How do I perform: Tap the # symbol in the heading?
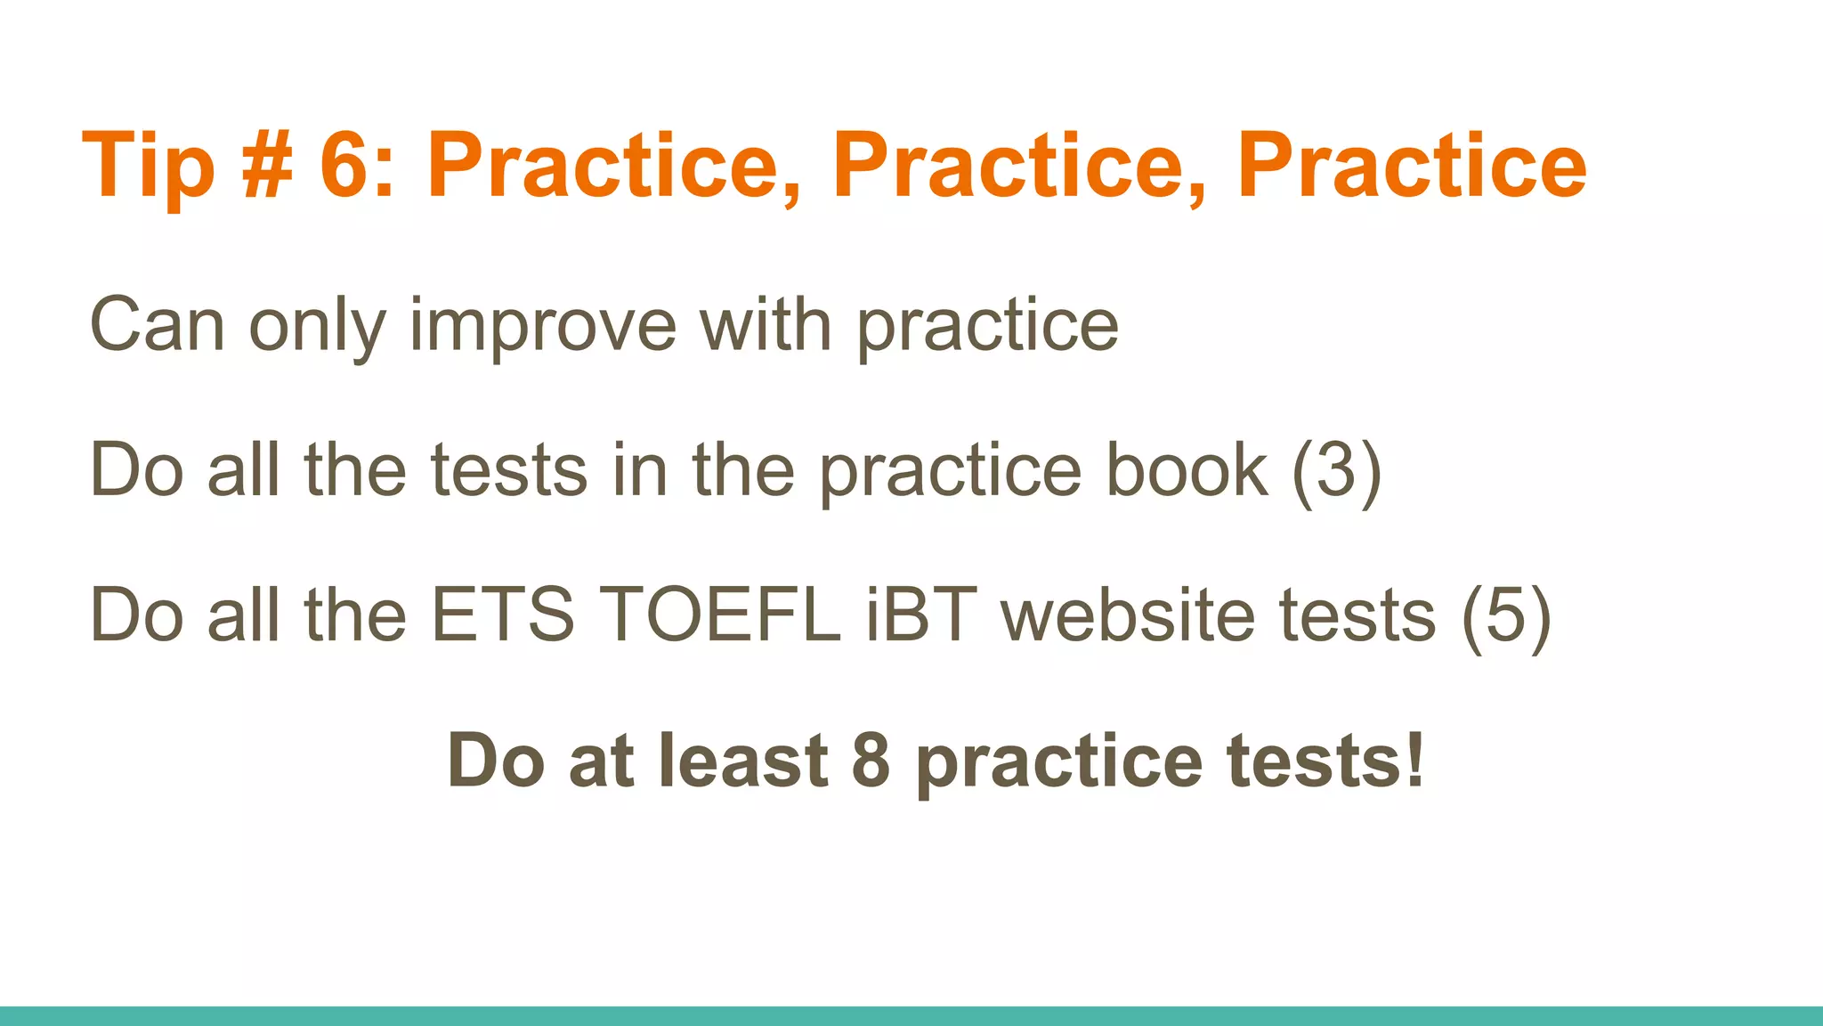(267, 165)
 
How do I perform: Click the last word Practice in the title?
(1412, 165)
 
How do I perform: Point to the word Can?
(158, 324)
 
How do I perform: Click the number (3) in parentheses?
(1336, 471)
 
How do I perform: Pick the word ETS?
(504, 615)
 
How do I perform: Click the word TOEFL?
(720, 615)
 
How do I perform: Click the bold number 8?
(871, 761)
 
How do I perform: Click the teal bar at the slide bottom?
(911, 1016)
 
